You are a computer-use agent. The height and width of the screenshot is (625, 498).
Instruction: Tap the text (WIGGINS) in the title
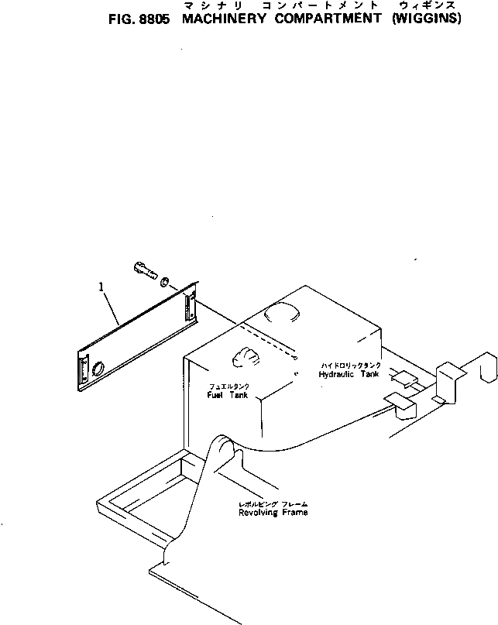coord(425,19)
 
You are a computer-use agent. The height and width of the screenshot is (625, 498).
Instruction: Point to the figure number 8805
coord(155,19)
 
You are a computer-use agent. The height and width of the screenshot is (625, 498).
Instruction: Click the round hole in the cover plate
coord(98,369)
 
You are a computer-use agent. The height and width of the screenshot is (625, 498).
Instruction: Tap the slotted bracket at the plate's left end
coord(81,371)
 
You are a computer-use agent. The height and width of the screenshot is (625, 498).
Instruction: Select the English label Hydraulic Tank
coord(349,373)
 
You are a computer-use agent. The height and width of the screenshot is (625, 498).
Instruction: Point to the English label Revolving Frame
coord(273,513)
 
